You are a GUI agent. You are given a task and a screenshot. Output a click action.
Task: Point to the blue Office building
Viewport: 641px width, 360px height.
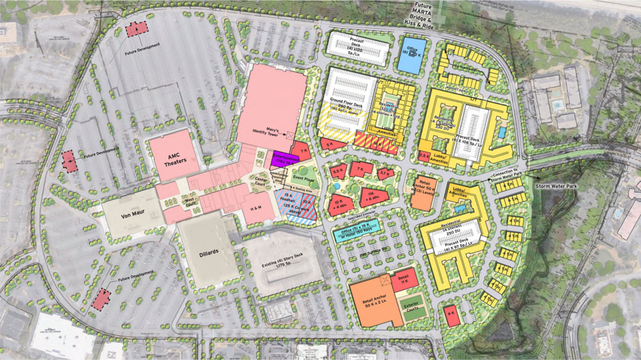[x=411, y=55]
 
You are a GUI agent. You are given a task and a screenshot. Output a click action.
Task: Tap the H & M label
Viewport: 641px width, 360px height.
[x=256, y=208]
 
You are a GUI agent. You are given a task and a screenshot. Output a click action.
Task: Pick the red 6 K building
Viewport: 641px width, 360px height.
[x=451, y=315]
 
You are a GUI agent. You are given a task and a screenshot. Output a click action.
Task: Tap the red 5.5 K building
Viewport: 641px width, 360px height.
[x=339, y=171]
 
